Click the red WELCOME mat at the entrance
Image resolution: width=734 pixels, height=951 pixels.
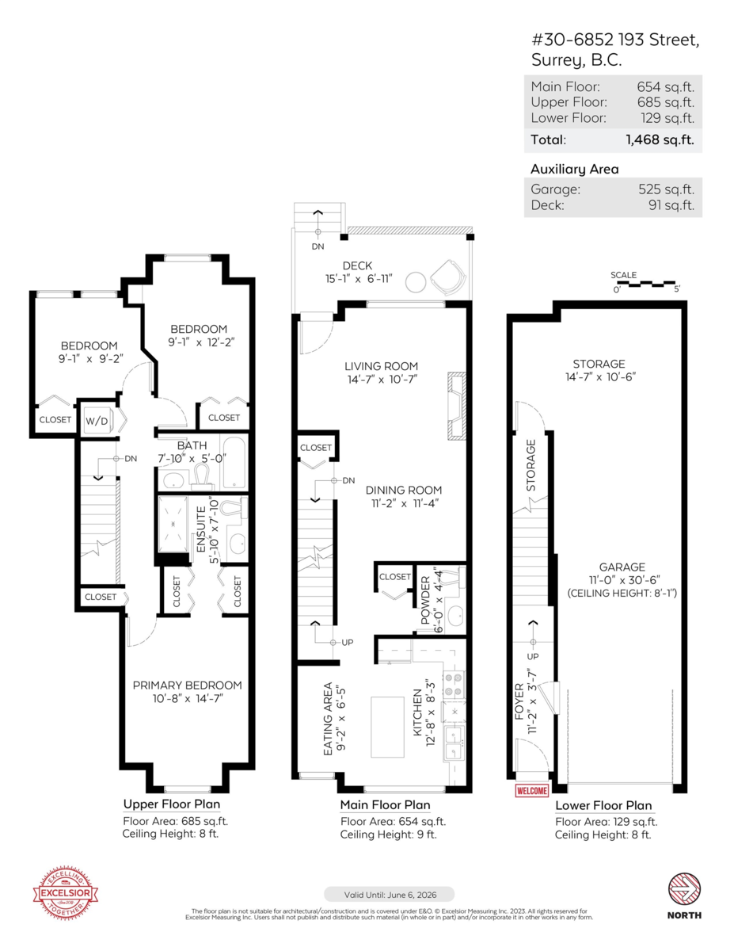tap(531, 790)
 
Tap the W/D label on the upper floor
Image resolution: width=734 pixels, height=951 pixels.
tap(97, 420)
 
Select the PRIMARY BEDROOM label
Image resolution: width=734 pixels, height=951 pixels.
tap(187, 685)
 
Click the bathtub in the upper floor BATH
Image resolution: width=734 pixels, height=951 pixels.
tap(235, 462)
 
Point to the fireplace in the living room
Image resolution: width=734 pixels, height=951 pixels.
tap(455, 404)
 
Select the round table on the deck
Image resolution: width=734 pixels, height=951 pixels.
tap(415, 281)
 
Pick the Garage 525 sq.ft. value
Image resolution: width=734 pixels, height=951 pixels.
tap(666, 189)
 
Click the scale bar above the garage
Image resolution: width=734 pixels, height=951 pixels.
tap(646, 283)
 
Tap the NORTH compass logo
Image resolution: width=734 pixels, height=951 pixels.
tap(684, 889)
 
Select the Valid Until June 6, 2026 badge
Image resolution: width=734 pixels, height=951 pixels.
tap(389, 894)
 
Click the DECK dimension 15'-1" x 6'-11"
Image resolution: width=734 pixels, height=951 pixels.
tap(357, 279)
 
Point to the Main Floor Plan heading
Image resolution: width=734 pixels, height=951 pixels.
tap(385, 805)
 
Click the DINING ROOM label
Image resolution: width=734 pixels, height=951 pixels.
tap(404, 490)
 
